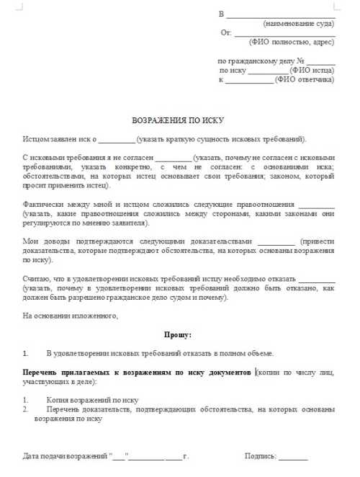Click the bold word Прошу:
coord(179,334)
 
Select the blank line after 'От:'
coord(285,33)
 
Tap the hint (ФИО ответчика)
coord(305,79)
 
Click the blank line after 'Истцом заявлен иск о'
coord(116,138)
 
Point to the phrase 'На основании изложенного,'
coord(70,315)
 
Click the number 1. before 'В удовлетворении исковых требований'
coord(27,353)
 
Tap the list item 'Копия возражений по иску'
coord(91,400)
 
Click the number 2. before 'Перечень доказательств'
coord(27,409)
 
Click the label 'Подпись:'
coord(261,456)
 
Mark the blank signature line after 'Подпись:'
coord(293,457)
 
